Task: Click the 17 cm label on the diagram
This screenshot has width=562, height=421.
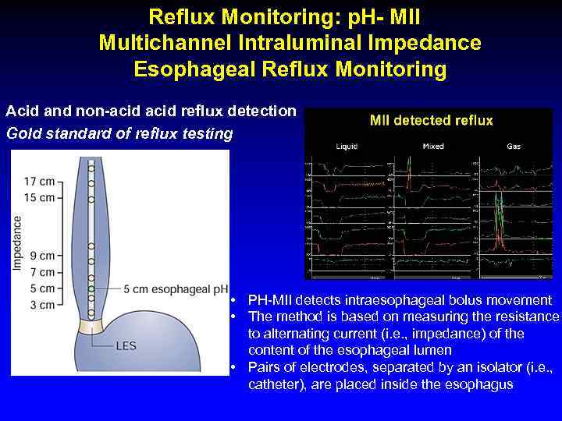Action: [x=38, y=182]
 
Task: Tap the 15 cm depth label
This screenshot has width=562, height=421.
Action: [x=38, y=197]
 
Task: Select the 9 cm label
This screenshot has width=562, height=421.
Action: [x=41, y=256]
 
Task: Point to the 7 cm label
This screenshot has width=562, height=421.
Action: [x=41, y=272]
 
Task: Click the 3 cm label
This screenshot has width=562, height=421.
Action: [x=41, y=305]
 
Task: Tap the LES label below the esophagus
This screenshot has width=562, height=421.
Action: [x=128, y=344]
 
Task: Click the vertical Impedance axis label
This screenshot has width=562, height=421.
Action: [x=17, y=242]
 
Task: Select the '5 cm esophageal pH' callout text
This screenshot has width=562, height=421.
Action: [x=176, y=288]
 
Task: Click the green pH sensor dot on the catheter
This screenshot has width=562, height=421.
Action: [x=91, y=288]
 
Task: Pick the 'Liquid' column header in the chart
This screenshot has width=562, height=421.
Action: [x=347, y=146]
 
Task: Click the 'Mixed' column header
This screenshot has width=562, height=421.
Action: [x=433, y=146]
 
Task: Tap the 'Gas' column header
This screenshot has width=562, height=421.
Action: [x=514, y=146]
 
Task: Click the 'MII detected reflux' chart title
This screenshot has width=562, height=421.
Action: [x=432, y=120]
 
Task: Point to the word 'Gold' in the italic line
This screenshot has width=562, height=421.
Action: [x=24, y=133]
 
